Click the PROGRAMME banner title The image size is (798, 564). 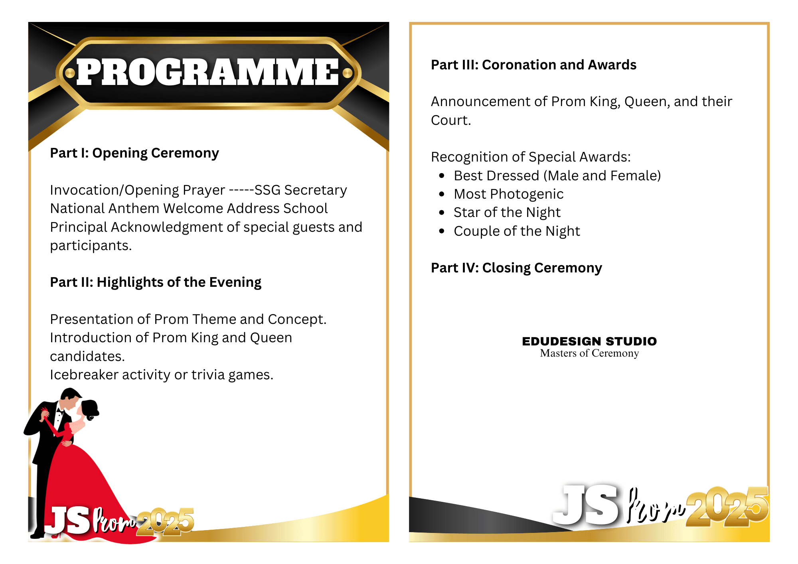pyautogui.click(x=207, y=72)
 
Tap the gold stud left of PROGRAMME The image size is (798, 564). pyautogui.click(x=70, y=73)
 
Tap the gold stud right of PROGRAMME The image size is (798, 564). pyautogui.click(x=348, y=73)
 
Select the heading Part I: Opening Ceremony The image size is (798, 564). pyautogui.click(x=134, y=153)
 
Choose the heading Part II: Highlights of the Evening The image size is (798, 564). pyautogui.click(x=156, y=282)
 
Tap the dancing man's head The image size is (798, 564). pyautogui.click(x=70, y=399)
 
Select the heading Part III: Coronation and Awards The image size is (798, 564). pyautogui.click(x=533, y=65)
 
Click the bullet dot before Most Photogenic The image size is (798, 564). pyautogui.click(x=442, y=194)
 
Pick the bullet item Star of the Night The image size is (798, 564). pyautogui.click(x=507, y=213)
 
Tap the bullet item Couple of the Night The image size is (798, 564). pyautogui.click(x=517, y=231)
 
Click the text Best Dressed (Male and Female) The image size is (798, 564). pyautogui.click(x=557, y=176)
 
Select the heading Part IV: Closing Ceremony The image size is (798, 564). pyautogui.click(x=516, y=268)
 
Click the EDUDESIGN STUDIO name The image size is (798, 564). pyautogui.click(x=589, y=341)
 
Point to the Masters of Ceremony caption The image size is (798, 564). pyautogui.click(x=589, y=353)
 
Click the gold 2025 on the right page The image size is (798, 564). pyautogui.click(x=727, y=507)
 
